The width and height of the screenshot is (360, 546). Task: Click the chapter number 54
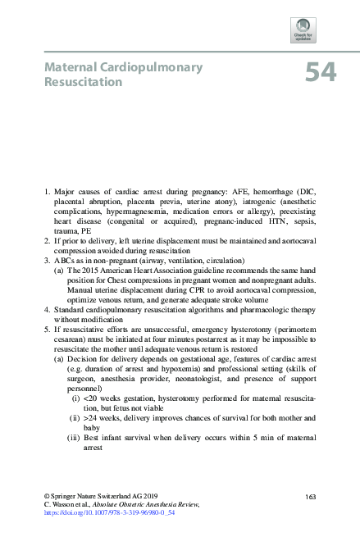pos(320,73)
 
